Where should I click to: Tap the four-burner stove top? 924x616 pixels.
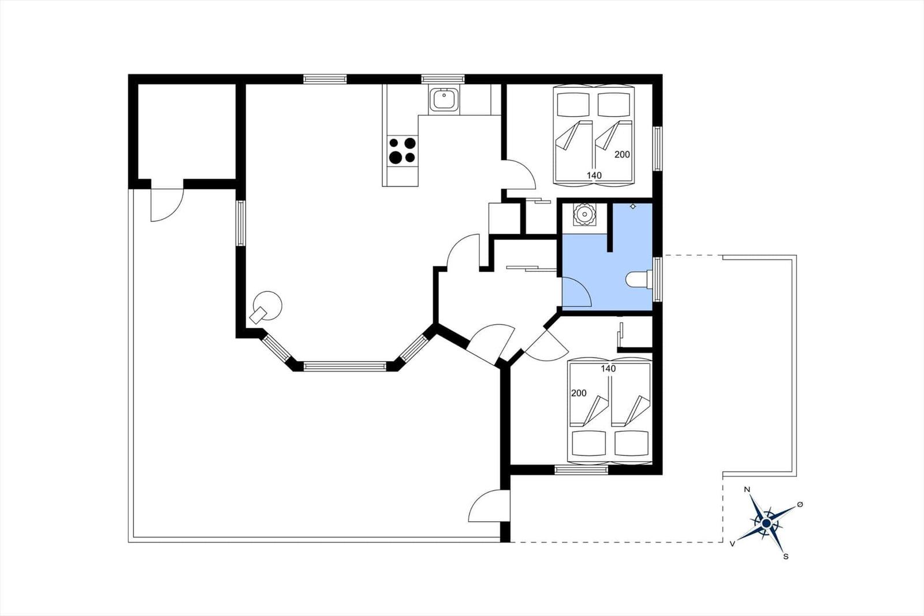(x=402, y=151)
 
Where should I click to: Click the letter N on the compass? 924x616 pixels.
(x=747, y=489)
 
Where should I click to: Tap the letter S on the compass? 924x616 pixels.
(x=786, y=556)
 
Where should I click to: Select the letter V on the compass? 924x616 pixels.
(x=732, y=544)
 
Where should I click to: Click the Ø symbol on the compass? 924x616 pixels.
(x=800, y=504)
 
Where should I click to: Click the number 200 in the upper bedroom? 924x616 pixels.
(x=622, y=154)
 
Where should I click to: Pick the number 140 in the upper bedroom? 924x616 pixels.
(x=594, y=176)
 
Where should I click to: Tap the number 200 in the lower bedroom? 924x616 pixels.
(x=579, y=393)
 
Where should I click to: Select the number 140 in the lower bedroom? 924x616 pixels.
(x=609, y=369)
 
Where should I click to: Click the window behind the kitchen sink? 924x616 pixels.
(x=443, y=79)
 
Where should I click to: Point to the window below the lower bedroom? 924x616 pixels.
(x=581, y=470)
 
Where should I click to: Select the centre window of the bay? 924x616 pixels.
(x=345, y=366)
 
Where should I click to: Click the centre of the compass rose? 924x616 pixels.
(x=766, y=523)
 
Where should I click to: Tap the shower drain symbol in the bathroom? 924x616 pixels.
(x=633, y=206)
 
